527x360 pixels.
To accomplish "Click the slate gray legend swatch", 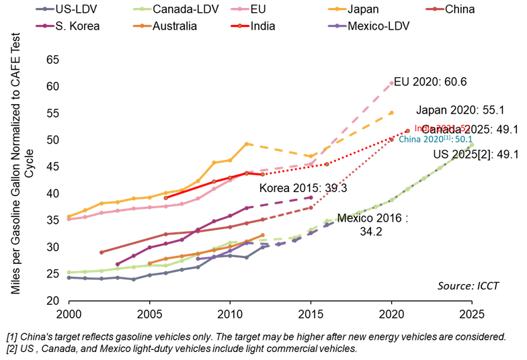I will click(45, 9).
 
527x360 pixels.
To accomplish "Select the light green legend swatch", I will click(143, 9).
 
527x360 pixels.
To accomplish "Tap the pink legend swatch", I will click(240, 9).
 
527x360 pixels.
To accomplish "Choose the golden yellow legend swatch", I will click(337, 9).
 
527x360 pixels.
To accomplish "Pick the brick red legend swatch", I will click(435, 9).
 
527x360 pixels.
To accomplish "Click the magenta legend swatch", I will click(45, 26).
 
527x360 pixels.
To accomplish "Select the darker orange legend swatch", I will click(143, 26).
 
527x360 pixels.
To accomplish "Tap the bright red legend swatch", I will click(240, 26).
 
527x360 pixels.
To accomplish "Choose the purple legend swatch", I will click(337, 26).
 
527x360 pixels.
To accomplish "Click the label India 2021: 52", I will click(442, 128).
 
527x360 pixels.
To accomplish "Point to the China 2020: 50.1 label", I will click(435, 140).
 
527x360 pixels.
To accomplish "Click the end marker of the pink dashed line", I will click(392, 83).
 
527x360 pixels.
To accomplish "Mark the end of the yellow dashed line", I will click(392, 112).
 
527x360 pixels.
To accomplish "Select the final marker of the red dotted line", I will click(407, 131).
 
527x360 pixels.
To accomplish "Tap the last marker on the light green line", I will click(472, 144).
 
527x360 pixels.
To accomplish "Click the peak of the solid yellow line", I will click(247, 144).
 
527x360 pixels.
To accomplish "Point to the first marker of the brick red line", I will click(101, 253).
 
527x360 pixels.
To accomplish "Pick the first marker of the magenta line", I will click(117, 264).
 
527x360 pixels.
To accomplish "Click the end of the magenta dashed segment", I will click(311, 197).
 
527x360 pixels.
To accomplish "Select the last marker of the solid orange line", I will click(262, 235).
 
